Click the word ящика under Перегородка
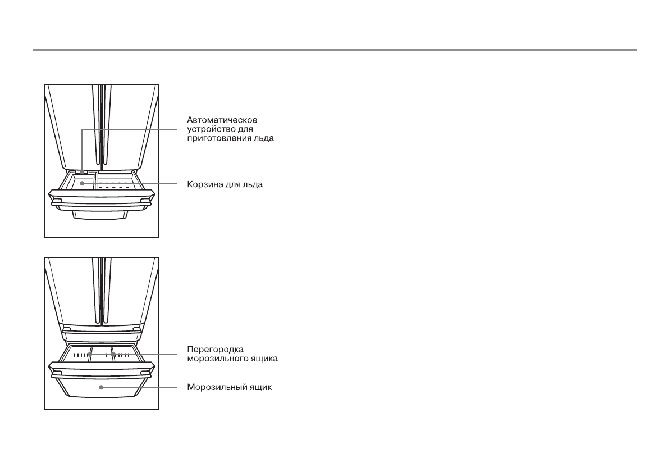point(263,359)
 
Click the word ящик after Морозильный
point(259,387)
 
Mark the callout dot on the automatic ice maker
point(82,171)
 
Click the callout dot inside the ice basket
point(82,183)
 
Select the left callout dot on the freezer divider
point(89,354)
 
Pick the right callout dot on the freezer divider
point(112,354)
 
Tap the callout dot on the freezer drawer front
point(101,387)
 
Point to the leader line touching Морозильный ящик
point(140,387)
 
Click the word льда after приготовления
point(264,138)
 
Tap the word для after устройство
point(245,129)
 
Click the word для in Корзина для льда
point(232,184)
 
